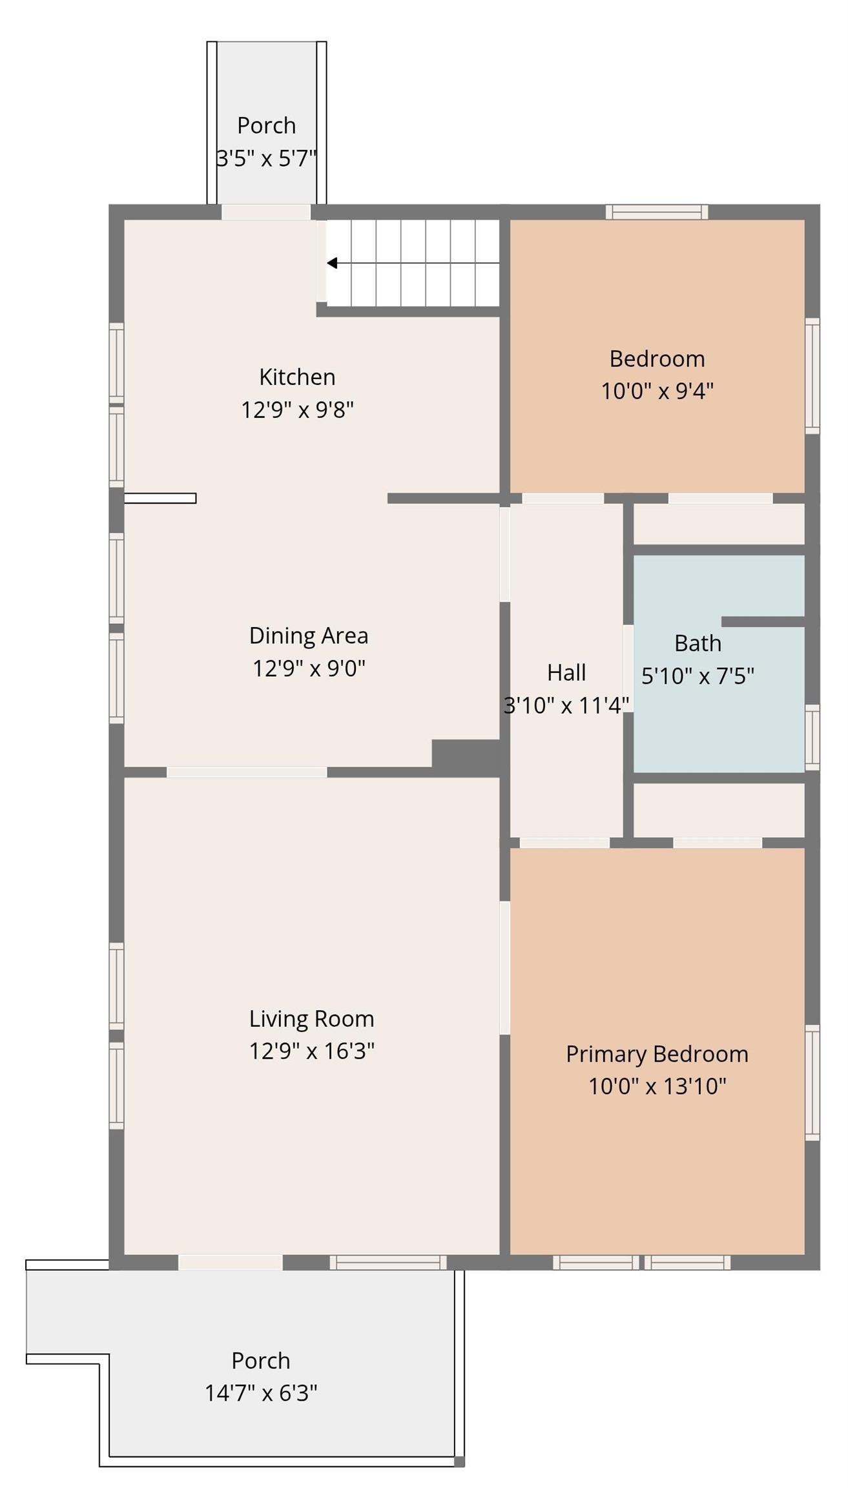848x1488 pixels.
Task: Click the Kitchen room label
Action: tap(297, 377)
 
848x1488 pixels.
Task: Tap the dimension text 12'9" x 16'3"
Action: tap(312, 1051)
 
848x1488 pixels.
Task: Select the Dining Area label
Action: tap(309, 635)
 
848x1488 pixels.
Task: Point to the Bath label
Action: tap(698, 643)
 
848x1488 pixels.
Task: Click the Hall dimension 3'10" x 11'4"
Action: tap(566, 705)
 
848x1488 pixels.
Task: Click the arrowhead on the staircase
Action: tap(332, 263)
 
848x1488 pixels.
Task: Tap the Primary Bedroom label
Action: tap(657, 1053)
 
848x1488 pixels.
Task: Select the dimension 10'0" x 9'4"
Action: tap(657, 391)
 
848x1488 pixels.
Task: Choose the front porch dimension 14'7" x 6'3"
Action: tap(261, 1393)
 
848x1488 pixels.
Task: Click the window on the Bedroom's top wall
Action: tap(657, 212)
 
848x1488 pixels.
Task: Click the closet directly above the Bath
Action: tap(718, 524)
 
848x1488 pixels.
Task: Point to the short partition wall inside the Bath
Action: tap(762, 621)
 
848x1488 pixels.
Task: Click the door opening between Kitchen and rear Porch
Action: tap(266, 212)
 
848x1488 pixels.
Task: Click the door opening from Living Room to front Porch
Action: tap(230, 1262)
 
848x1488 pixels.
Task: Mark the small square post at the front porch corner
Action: tap(459, 1462)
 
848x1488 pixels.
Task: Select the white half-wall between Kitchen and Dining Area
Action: tap(160, 498)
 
